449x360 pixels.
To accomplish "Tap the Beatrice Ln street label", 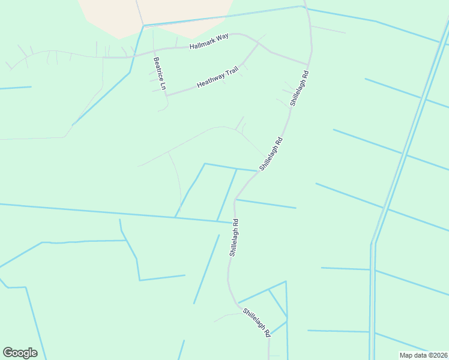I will coord(158,74).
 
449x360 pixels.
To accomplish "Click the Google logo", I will coord(20,353).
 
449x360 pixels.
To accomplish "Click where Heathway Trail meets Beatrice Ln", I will coord(166,95).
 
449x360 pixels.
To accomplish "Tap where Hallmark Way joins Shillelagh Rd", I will coord(309,64).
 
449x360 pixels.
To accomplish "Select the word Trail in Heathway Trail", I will coord(231,72).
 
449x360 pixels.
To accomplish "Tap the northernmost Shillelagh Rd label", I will coord(299,89).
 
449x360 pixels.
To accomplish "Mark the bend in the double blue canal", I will coord(373,243).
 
